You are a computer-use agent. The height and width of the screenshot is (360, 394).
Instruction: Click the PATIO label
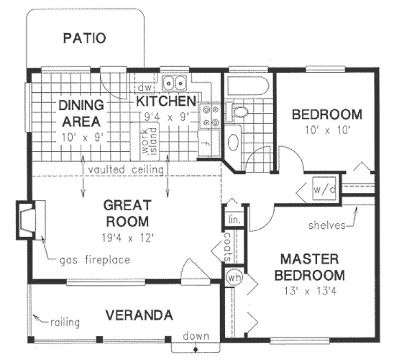click(x=84, y=38)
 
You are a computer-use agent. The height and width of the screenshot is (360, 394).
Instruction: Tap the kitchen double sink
click(x=175, y=83)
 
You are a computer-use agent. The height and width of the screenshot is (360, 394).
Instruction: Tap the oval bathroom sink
click(x=234, y=142)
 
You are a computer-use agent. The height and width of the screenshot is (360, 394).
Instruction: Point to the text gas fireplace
click(x=95, y=260)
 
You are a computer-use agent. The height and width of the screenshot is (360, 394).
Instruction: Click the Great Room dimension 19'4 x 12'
click(x=126, y=237)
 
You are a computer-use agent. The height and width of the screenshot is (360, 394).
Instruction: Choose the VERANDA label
click(x=139, y=315)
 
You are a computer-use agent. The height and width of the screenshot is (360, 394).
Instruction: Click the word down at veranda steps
click(x=196, y=336)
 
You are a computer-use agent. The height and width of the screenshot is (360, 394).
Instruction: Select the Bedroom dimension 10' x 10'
click(x=327, y=130)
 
